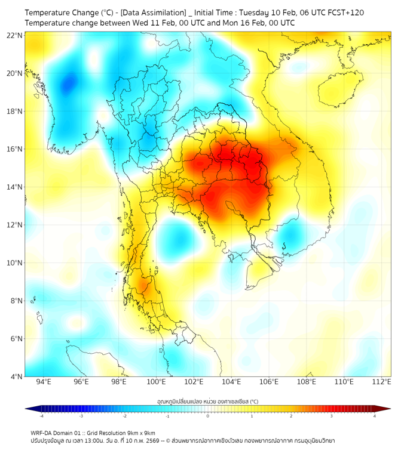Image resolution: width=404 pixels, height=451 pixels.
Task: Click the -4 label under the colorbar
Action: [x=41, y=416]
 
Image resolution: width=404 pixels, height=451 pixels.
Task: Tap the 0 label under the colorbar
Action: [x=208, y=416]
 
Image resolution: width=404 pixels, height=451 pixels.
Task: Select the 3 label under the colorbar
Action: [x=332, y=416]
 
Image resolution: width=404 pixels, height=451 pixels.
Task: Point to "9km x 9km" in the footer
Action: [x=140, y=433]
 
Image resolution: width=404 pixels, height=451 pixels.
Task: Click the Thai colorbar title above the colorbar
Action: [x=207, y=401]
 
